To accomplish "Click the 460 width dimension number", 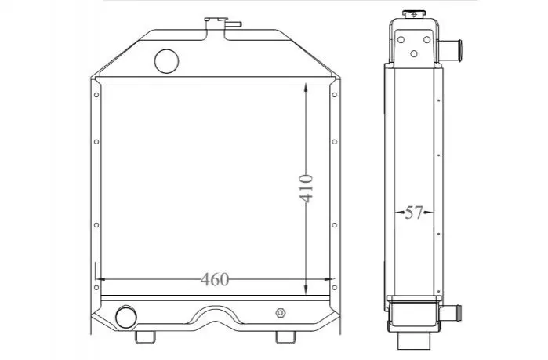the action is tap(215, 279).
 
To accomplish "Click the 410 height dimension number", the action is tap(306, 189).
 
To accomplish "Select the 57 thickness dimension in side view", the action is tap(414, 213).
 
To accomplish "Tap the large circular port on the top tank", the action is tap(167, 61).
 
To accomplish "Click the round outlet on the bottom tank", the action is tap(125, 318).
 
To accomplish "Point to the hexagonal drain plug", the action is tap(281, 313).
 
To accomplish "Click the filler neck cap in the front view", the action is tap(216, 20).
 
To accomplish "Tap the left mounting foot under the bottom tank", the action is tap(145, 337).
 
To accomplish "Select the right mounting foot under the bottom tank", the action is tap(286, 337).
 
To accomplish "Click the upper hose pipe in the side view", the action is tap(450, 46).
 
